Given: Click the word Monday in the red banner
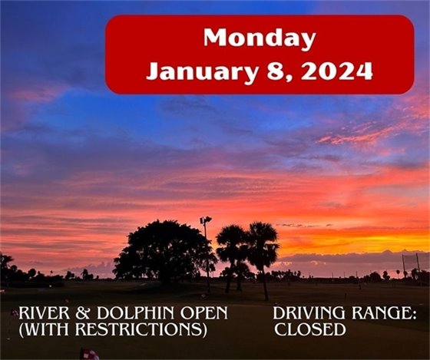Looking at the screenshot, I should coord(260,38).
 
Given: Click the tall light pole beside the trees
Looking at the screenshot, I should coord(206,253).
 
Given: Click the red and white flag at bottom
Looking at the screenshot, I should coord(91,354).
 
